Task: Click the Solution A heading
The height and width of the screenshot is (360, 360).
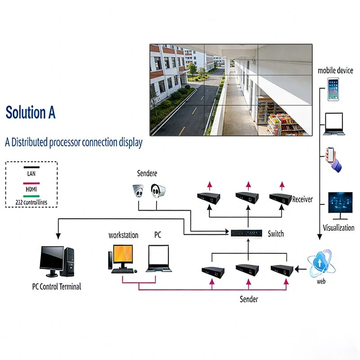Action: pyautogui.click(x=31, y=112)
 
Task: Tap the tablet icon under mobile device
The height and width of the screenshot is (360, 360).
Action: pyautogui.click(x=333, y=89)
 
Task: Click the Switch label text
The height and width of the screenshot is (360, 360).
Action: pyautogui.click(x=276, y=234)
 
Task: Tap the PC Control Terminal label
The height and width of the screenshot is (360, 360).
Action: pyautogui.click(x=57, y=286)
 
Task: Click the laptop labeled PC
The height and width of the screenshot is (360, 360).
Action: pyautogui.click(x=157, y=258)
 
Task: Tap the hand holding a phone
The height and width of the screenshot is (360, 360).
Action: pyautogui.click(x=333, y=158)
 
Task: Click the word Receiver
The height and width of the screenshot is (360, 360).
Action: pyautogui.click(x=302, y=199)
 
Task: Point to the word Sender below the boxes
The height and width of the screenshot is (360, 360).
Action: pyautogui.click(x=249, y=299)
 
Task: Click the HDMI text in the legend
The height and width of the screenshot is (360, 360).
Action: pyautogui.click(x=31, y=189)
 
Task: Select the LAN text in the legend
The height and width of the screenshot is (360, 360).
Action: pyautogui.click(x=31, y=173)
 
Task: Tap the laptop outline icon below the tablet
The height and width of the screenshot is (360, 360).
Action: pyautogui.click(x=333, y=124)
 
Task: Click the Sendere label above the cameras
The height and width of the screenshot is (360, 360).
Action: pyautogui.click(x=147, y=173)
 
